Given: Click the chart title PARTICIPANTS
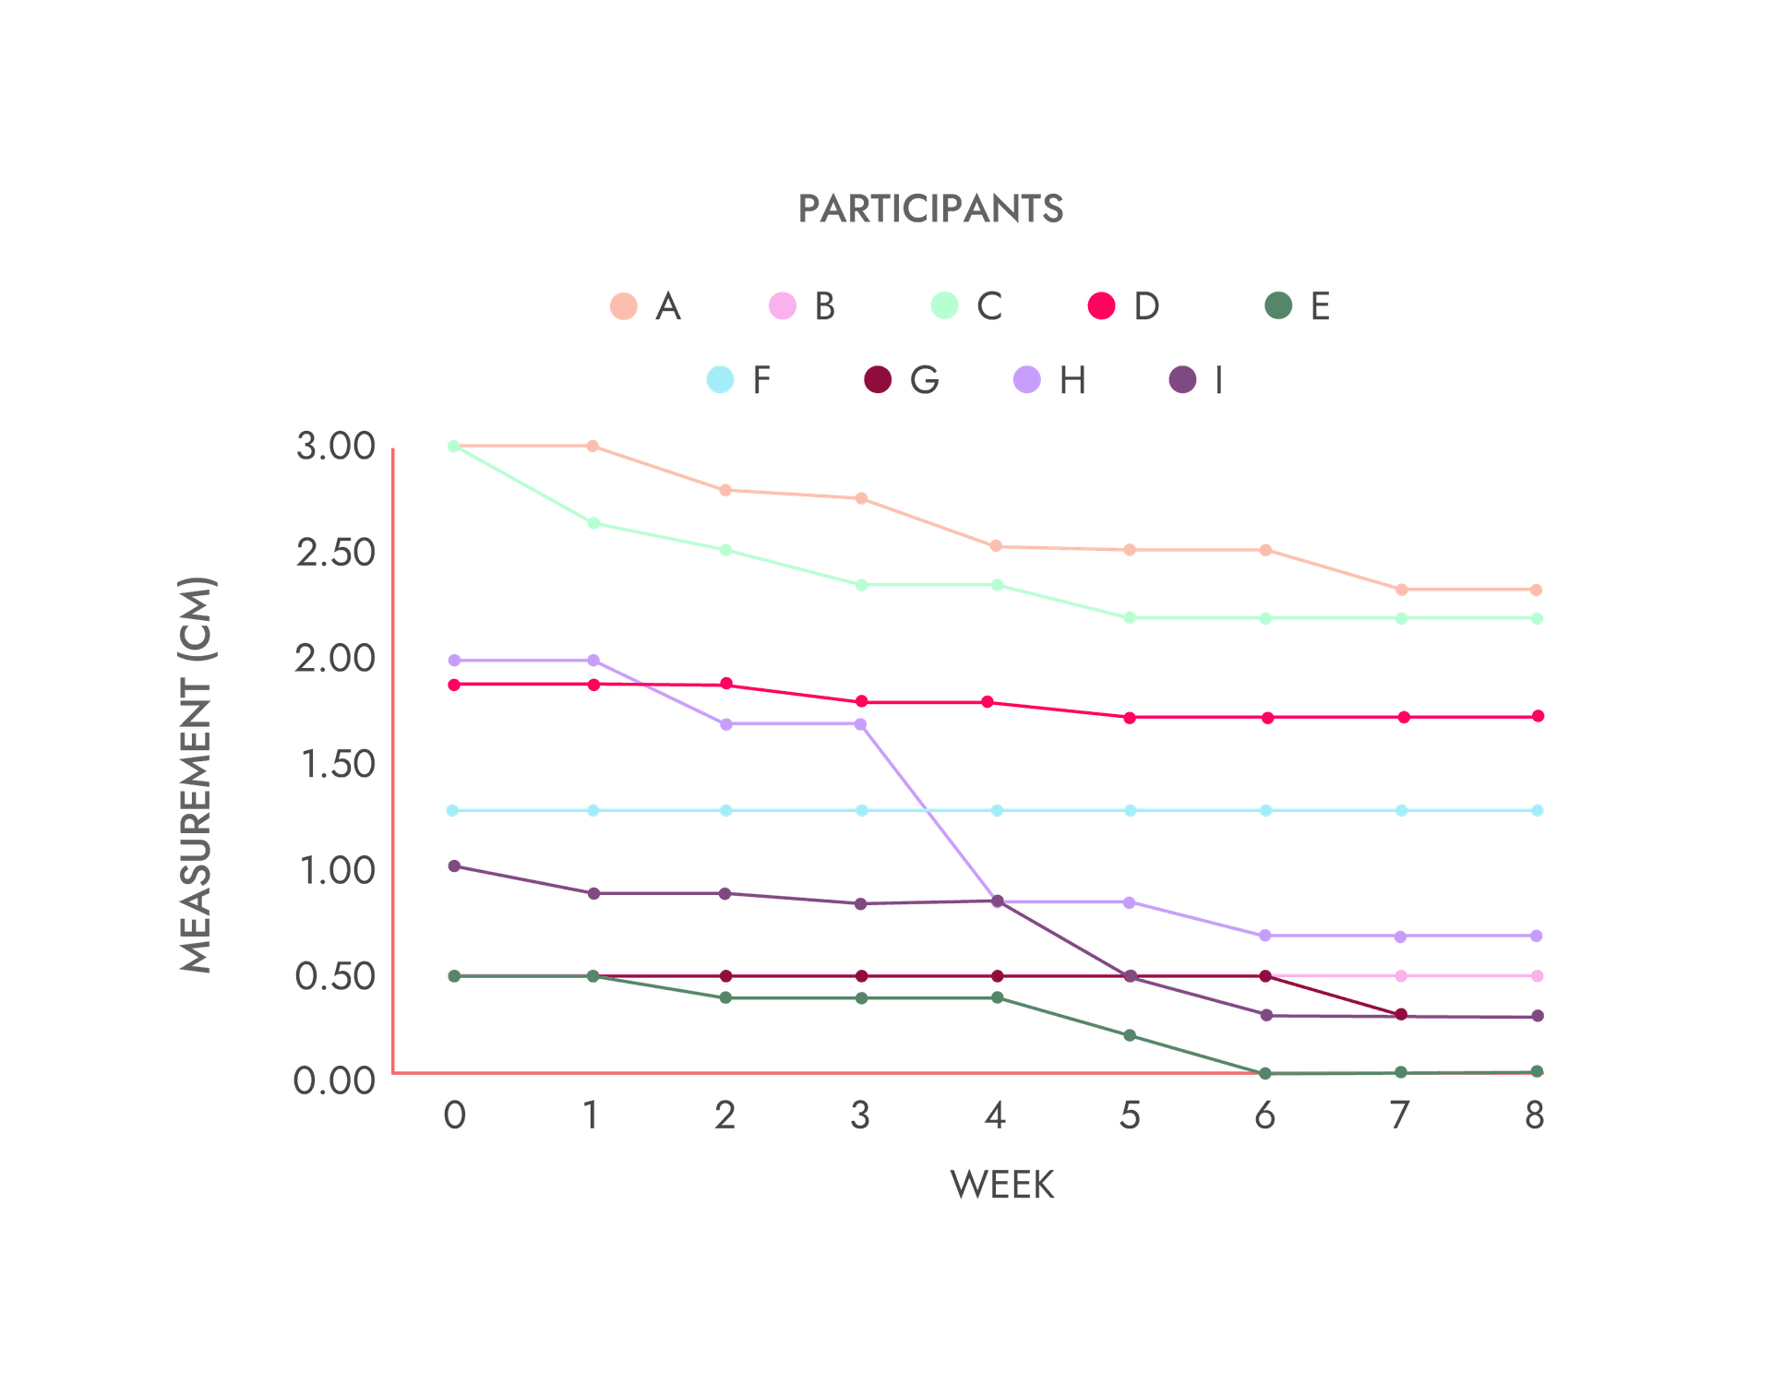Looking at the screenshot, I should coord(931,209).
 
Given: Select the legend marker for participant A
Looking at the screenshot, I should coord(625,305).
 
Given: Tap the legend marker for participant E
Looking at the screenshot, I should coord(1278,305).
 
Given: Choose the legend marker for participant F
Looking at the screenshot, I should coord(720,379).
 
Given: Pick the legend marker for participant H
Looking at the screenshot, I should coord(1026,379).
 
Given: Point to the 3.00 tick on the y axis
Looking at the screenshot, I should coord(335,447).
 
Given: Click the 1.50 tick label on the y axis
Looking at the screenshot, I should coord(335,764).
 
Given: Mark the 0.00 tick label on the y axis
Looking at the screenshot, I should coord(335,1080).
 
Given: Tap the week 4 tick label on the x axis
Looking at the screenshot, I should coord(994,1116).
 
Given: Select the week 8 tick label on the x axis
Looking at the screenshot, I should coord(1534,1116).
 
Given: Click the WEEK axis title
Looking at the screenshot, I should coord(1002,1185).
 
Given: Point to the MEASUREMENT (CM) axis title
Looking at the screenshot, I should coord(196,775).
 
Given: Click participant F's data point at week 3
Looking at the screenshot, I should coord(862,810).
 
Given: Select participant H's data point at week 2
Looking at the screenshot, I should coord(726,724).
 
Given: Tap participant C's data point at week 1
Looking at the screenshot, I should coord(593,523).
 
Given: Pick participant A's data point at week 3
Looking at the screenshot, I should coord(862,498).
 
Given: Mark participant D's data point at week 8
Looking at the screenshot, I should coord(1538,716).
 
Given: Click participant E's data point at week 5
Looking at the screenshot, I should coord(1130,1036).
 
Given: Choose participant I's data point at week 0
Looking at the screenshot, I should coord(453,865).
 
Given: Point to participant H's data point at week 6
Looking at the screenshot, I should coord(1265,936).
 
